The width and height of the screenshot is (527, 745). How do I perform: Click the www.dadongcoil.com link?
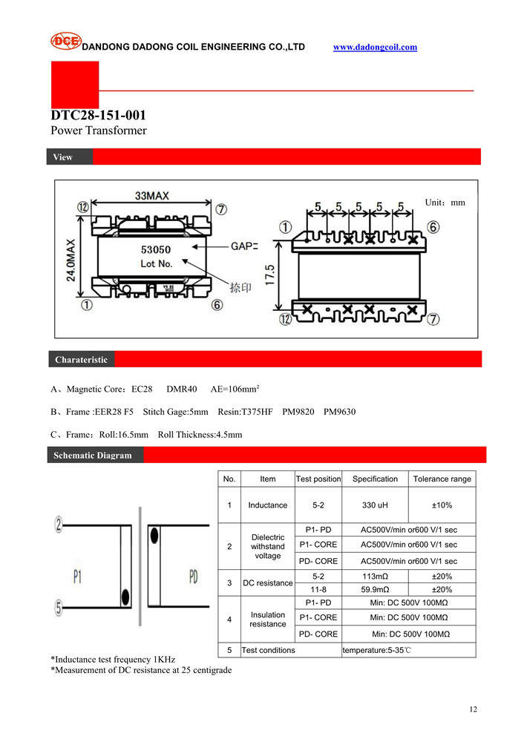point(375,47)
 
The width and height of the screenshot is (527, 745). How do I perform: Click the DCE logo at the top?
point(65,42)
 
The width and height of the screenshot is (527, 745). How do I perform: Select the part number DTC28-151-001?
point(98,115)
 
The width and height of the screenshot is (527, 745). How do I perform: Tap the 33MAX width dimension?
point(151,196)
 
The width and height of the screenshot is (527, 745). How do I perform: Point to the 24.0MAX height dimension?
point(71,260)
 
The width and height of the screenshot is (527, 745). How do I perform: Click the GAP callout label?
point(243,246)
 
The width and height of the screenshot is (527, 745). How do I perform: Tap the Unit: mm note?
point(445,202)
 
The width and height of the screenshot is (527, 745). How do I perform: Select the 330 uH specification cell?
point(375,505)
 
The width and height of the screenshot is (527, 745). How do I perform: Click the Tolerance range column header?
point(442,479)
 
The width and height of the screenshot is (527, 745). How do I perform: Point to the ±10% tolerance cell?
point(442,505)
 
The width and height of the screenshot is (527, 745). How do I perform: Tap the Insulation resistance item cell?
point(267,619)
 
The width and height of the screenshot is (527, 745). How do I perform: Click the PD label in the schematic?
point(193,575)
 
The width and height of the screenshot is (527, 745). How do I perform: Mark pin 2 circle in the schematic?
point(57,525)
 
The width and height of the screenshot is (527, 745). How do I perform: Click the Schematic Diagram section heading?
point(92,456)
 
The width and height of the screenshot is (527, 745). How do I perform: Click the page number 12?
point(473,709)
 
